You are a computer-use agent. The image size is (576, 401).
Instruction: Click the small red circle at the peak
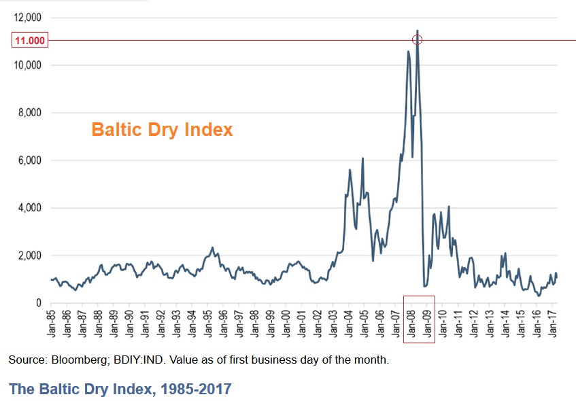418,40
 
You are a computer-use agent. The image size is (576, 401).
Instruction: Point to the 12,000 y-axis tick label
28,17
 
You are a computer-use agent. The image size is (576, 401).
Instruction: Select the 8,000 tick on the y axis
30,113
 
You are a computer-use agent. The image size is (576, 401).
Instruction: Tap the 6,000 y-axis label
30,160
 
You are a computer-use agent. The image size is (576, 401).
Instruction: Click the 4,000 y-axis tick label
30,208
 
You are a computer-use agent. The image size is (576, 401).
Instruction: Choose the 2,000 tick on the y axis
30,256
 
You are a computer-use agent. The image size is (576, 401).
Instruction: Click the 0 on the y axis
39,303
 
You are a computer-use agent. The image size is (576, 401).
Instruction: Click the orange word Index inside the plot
209,129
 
